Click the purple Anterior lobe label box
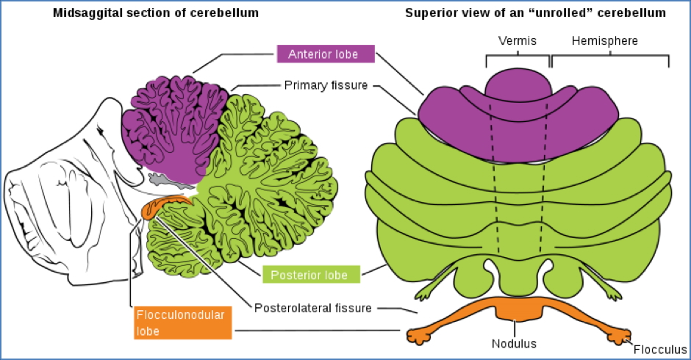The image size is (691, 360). click(x=326, y=54)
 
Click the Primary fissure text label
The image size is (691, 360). click(x=326, y=85)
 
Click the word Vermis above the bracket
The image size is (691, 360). click(x=518, y=42)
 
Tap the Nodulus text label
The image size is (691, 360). click(x=515, y=342)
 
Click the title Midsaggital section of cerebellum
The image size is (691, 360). click(x=151, y=14)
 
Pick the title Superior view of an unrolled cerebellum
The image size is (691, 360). click(x=535, y=14)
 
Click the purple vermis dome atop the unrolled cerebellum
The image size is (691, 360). click(x=518, y=84)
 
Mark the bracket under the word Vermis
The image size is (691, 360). click(x=518, y=58)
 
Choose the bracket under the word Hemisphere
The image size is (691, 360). click(x=609, y=58)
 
